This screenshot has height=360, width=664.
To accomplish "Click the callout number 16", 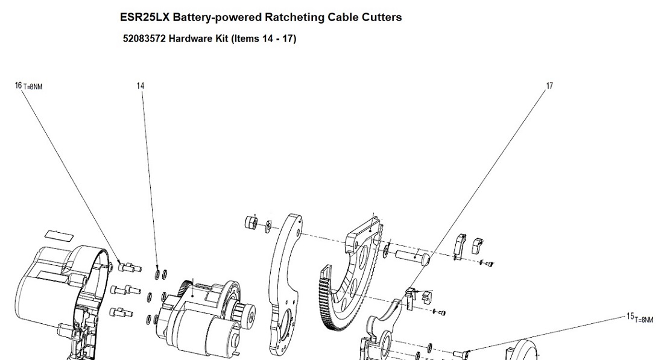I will (x=18, y=86).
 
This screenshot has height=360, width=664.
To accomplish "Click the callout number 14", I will (x=141, y=86).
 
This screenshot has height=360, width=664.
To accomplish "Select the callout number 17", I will (x=549, y=86).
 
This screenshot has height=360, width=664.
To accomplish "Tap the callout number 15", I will (x=630, y=316).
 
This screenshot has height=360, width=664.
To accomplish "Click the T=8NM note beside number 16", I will (x=33, y=87).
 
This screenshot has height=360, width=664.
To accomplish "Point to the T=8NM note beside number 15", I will (x=644, y=319).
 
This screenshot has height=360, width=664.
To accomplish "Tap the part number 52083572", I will (x=144, y=39).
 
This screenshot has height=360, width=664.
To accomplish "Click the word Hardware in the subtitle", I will (x=189, y=39).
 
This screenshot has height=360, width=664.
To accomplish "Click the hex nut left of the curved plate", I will (x=250, y=223).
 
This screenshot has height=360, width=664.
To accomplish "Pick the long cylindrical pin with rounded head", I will (x=412, y=256).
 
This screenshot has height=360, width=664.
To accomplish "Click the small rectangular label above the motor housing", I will (x=60, y=235).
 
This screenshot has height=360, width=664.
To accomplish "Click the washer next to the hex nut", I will (x=268, y=226).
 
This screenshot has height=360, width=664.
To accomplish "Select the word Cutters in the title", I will (x=380, y=17).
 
